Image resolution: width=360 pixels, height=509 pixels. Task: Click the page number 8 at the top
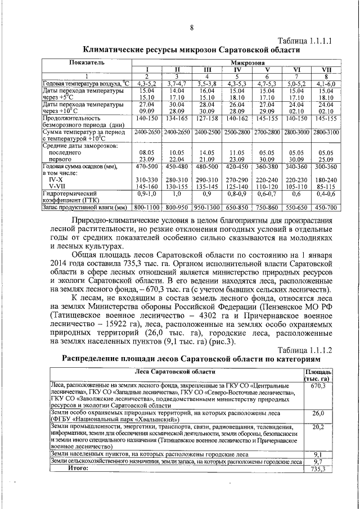(191, 28)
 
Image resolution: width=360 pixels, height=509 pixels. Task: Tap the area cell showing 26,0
(318, 413)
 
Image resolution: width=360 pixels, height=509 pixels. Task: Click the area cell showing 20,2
(318, 427)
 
